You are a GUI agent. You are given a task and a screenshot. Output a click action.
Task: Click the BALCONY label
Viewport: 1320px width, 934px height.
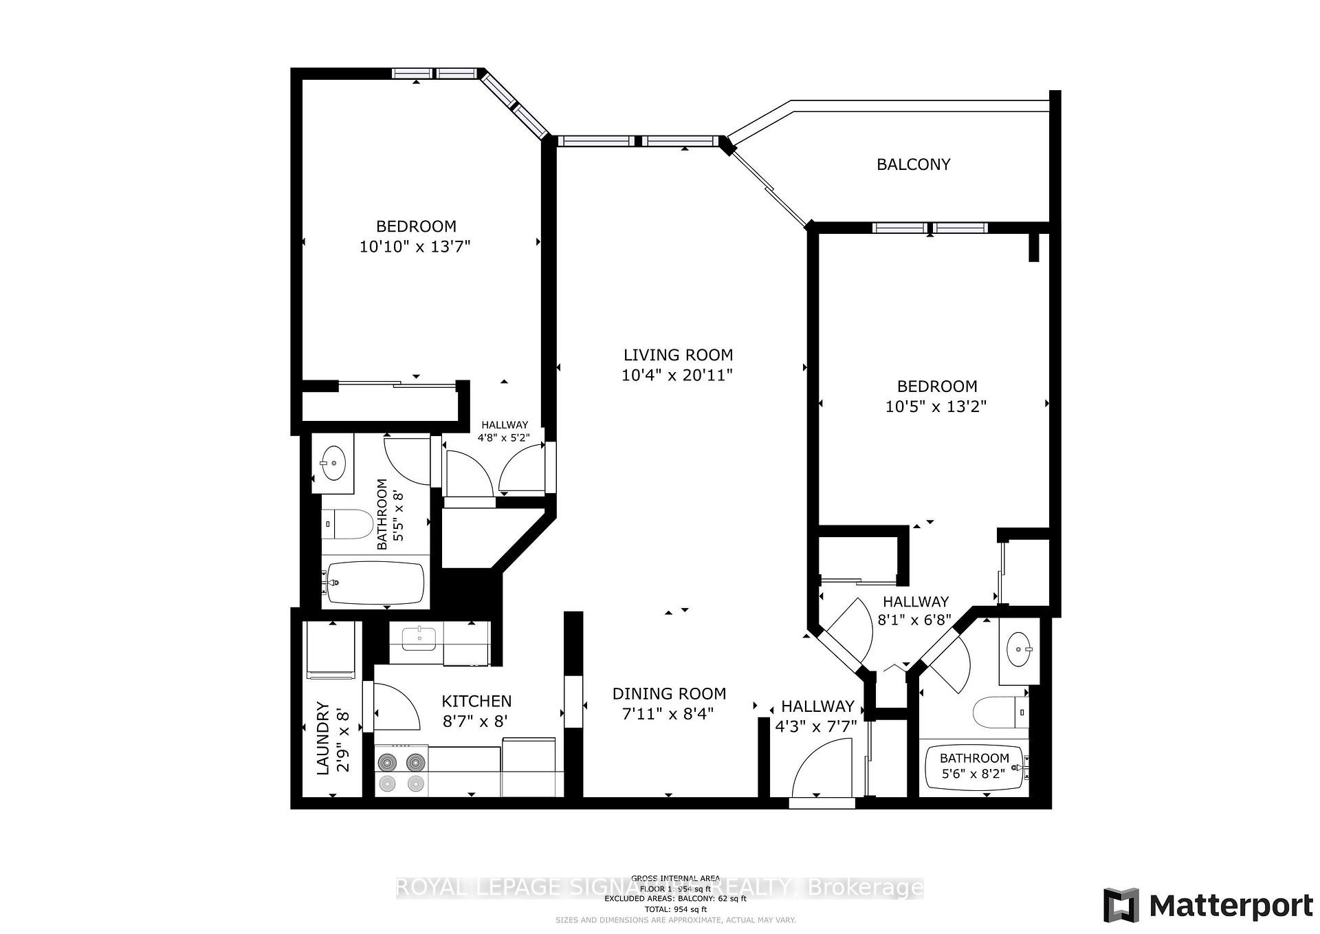[913, 164]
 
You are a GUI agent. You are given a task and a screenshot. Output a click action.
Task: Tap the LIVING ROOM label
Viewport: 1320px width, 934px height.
[678, 355]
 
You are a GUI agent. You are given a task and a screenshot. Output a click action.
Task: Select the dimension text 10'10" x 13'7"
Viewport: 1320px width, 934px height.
[415, 246]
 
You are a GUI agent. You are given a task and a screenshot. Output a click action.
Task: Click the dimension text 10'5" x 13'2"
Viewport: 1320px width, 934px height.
[936, 406]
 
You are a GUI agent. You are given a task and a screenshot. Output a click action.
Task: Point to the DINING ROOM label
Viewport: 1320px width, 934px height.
[669, 693]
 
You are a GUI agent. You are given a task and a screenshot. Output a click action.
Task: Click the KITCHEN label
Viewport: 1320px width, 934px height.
[476, 701]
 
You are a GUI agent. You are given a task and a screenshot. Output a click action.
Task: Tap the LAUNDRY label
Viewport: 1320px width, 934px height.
[323, 738]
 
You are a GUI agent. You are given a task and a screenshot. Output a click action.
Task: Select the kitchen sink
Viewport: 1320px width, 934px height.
[418, 638]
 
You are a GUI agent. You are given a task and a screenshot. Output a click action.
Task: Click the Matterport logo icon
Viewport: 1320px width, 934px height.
[1121, 905]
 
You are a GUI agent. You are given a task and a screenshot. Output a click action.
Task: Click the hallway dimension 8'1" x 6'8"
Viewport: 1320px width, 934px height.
[914, 620]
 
